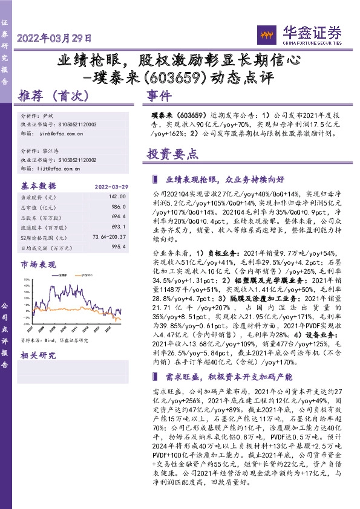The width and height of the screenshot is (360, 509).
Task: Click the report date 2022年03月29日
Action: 55,37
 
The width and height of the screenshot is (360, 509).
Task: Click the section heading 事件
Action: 159,96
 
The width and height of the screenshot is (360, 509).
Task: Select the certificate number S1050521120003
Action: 80,124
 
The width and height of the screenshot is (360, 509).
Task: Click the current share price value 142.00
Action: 117,196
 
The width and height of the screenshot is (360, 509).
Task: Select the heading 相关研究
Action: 38,355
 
